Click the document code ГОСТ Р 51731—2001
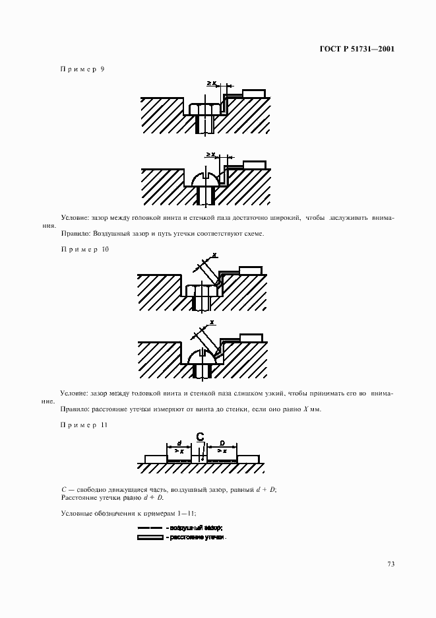pyautogui.click(x=356, y=48)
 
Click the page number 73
pyautogui.click(x=390, y=563)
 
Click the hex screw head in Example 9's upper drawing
pyautogui.click(x=204, y=108)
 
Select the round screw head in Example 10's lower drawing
pyautogui.click(x=202, y=357)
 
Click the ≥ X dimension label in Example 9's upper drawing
pyautogui.click(x=210, y=83)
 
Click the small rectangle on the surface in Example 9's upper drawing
pyautogui.click(x=254, y=93)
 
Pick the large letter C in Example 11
pyautogui.click(x=201, y=436)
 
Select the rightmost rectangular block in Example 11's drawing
pyautogui.click(x=247, y=458)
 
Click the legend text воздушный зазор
pyautogui.click(x=196, y=528)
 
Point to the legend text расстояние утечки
pyautogui.click(x=198, y=537)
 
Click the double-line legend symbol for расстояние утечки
pyautogui.click(x=150, y=537)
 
